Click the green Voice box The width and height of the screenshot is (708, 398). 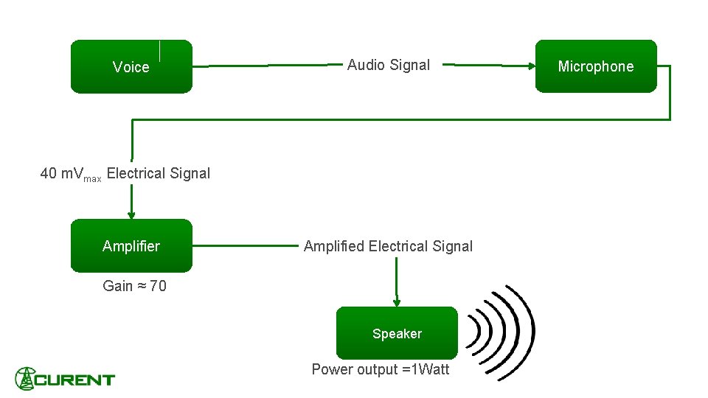(131, 67)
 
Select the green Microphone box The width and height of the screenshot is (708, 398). (595, 66)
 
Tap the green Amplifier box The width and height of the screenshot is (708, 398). (131, 246)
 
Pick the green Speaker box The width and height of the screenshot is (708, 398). (397, 333)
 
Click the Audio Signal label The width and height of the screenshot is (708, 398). (388, 65)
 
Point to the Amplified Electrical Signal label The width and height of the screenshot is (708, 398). (388, 246)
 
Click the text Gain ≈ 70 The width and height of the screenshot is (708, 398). (134, 286)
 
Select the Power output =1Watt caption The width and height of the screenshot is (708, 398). (380, 369)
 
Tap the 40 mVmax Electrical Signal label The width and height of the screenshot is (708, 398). (125, 174)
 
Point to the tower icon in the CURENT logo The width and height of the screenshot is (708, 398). (26, 379)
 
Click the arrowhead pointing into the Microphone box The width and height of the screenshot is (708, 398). (532, 66)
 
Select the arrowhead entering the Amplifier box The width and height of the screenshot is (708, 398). (131, 215)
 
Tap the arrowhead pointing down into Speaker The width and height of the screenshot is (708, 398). (397, 302)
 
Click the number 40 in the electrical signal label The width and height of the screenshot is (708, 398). (49, 174)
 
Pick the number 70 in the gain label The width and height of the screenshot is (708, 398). (158, 286)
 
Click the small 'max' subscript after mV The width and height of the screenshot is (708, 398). (92, 178)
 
